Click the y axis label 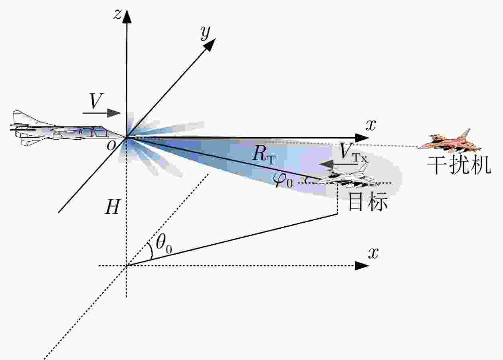[x=206, y=33]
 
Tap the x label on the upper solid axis [x=371, y=125]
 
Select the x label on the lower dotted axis [x=373, y=254]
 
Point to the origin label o [x=111, y=146]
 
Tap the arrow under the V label [x=102, y=113]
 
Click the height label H [x=112, y=206]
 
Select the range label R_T [x=263, y=154]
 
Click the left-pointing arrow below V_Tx [x=339, y=164]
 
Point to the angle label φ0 [x=283, y=181]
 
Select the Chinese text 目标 [x=368, y=201]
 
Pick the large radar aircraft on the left [x=67, y=129]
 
